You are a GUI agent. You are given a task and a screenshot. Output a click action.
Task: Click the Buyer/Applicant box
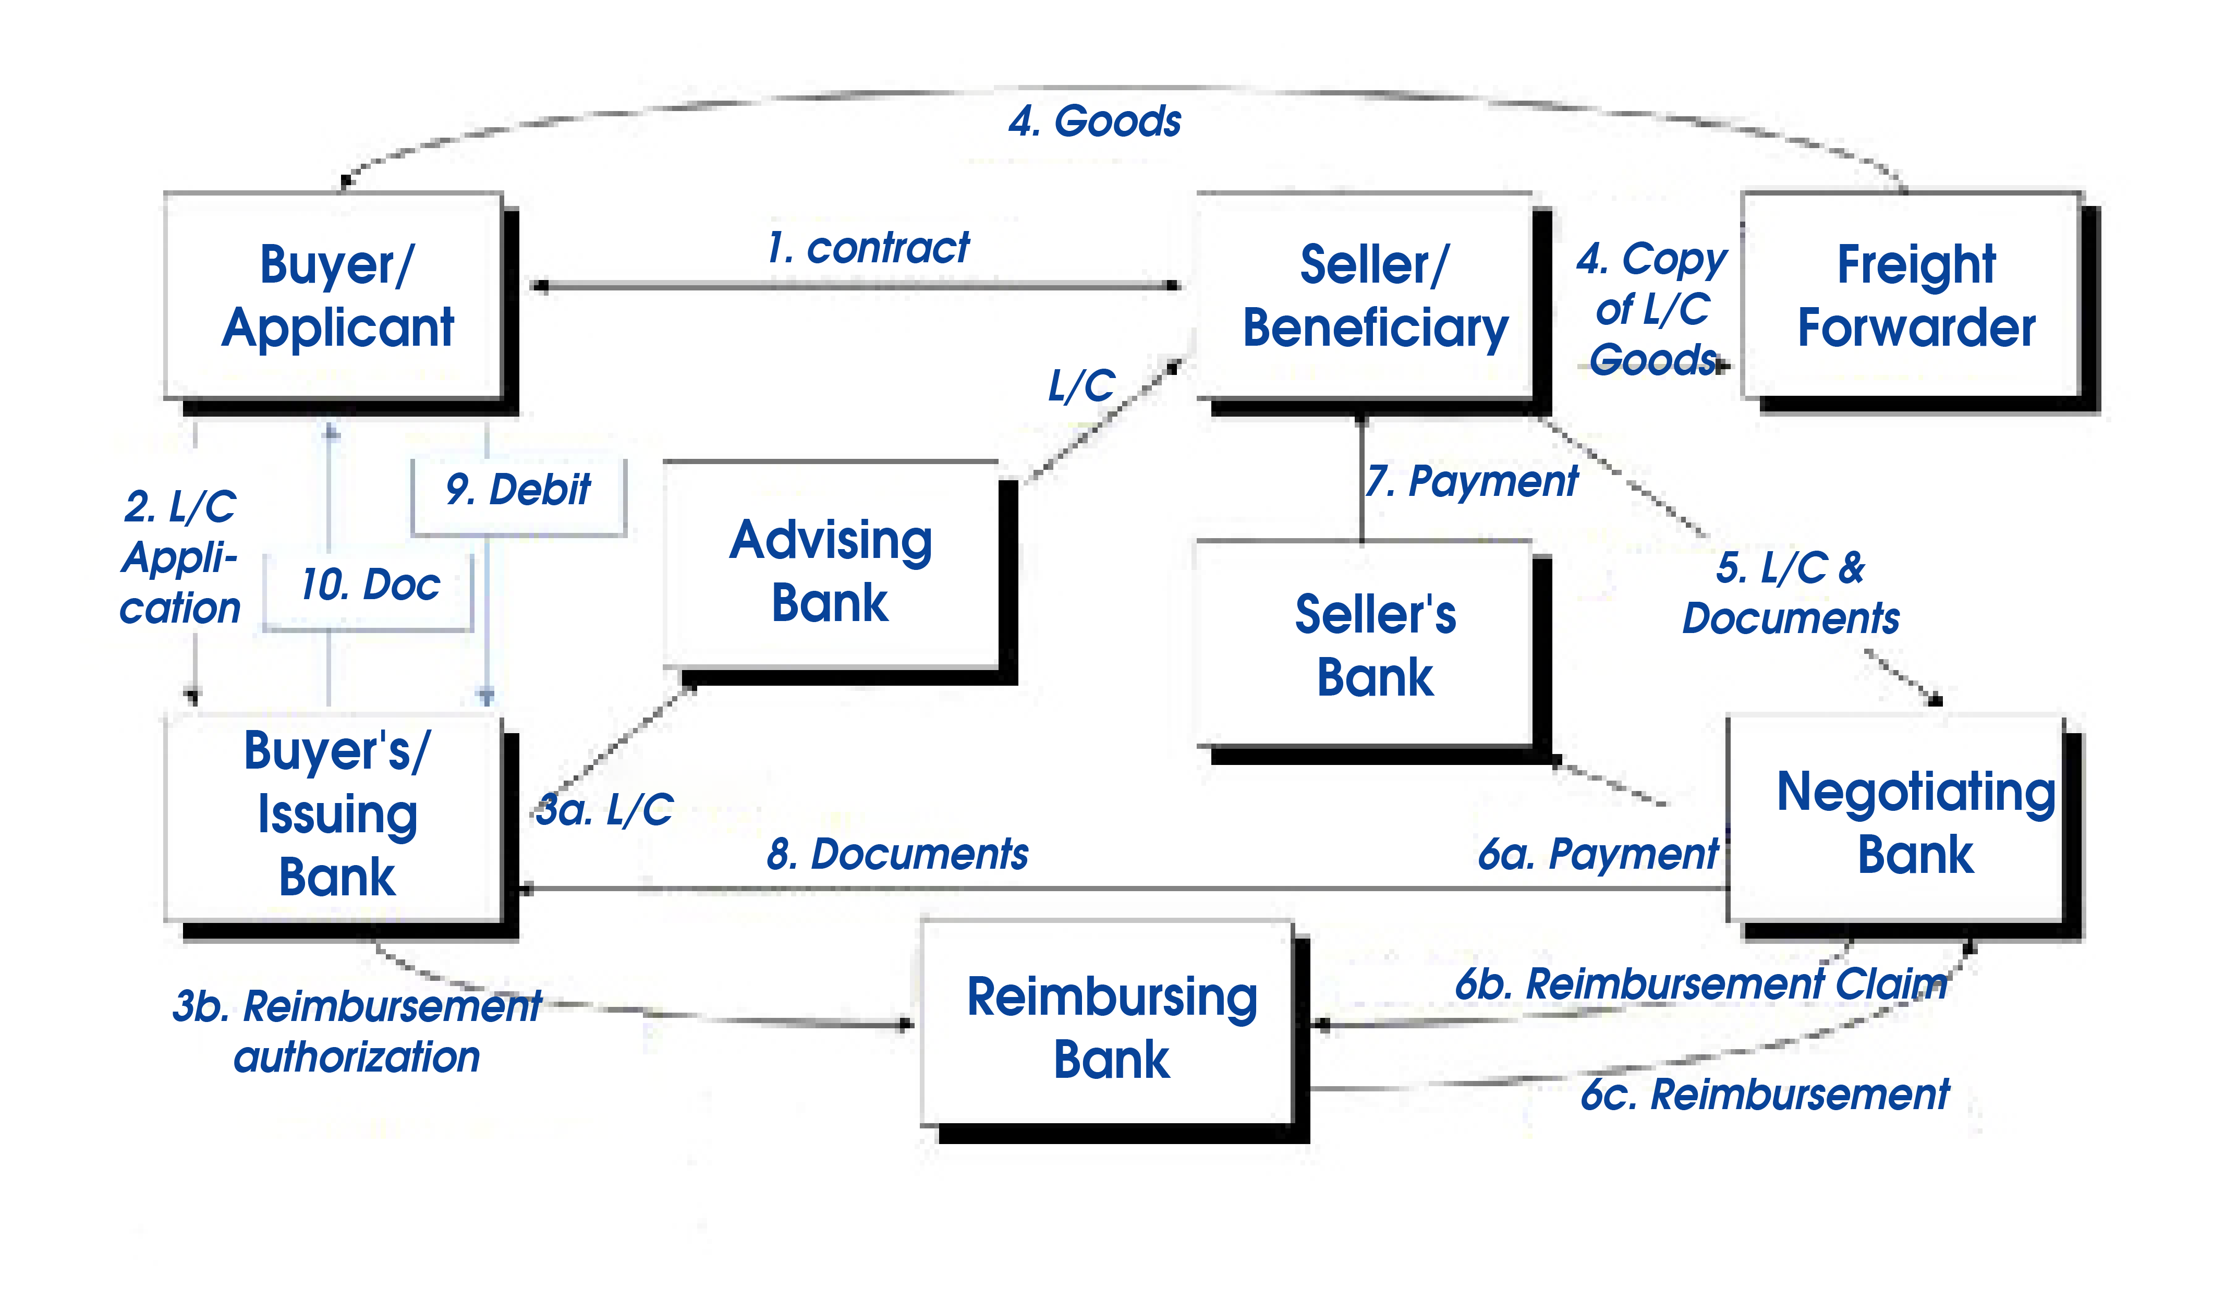[341, 302]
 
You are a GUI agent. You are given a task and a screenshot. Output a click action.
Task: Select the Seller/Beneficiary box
[1373, 302]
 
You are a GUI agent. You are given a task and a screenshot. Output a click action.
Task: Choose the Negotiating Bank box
[1905, 827]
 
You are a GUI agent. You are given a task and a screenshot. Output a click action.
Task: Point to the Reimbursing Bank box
[1115, 1031]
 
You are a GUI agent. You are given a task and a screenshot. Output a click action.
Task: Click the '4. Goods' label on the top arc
[1095, 121]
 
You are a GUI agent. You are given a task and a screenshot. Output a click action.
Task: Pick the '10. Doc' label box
[368, 591]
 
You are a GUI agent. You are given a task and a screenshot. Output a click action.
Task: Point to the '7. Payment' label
[1471, 482]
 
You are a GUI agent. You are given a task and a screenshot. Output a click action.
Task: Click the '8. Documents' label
[898, 854]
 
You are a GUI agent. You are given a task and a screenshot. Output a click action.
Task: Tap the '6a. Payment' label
[1599, 854]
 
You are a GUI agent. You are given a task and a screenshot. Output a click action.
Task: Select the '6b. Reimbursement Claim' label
[1701, 984]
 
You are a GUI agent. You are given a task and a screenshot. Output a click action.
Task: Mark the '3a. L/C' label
[605, 810]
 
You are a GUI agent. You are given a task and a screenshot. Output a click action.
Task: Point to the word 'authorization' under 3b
[357, 1057]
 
